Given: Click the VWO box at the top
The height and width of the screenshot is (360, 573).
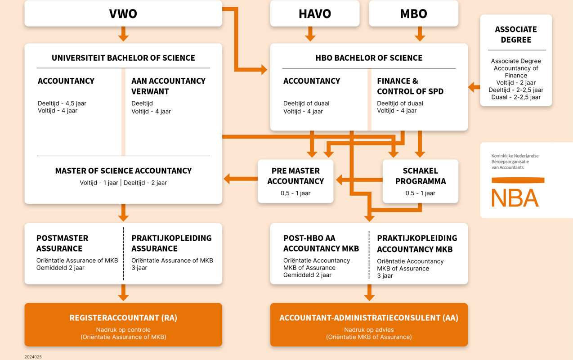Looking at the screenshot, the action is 123,13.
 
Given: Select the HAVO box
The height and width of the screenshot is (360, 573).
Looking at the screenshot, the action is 315,13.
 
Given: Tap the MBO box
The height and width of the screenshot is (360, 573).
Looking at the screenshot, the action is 414,13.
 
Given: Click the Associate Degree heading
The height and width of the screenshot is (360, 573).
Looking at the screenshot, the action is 516,35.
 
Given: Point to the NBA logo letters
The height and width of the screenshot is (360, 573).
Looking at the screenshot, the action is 515,198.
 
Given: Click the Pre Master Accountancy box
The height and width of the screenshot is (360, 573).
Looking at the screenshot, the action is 295,181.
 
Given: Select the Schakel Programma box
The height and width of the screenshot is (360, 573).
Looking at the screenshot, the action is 421,181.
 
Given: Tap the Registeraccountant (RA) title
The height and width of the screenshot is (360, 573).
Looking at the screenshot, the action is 123,318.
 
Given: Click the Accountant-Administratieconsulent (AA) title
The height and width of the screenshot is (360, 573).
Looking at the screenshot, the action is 369,318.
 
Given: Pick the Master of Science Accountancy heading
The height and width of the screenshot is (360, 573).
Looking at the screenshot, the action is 123,171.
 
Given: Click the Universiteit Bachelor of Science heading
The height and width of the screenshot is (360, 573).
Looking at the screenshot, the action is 123,58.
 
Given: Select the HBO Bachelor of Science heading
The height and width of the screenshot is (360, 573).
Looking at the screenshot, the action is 369,58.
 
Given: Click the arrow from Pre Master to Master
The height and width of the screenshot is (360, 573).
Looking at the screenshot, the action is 241,179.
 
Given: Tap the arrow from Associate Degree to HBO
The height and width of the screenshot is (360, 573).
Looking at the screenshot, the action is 474,87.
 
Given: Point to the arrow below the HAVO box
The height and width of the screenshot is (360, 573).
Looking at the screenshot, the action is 310,34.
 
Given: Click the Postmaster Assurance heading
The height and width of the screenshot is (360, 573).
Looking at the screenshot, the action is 62,243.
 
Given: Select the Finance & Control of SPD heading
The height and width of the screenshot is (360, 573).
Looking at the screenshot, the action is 410,86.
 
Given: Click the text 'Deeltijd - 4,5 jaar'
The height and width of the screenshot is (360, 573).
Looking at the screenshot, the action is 62,103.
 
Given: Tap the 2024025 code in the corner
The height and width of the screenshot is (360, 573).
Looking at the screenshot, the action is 33,357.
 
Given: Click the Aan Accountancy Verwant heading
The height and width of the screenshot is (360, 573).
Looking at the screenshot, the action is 168,86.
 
